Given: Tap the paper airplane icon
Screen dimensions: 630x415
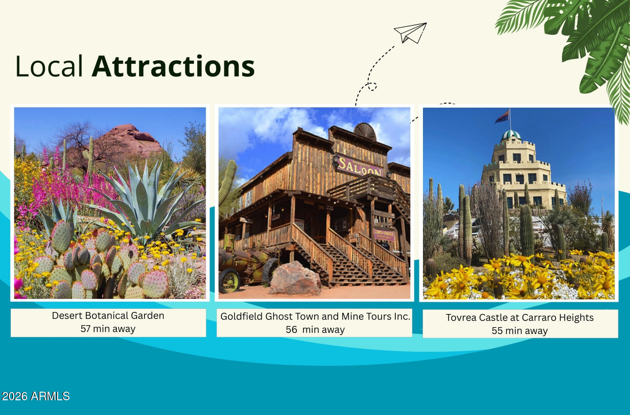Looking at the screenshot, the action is [x=410, y=32].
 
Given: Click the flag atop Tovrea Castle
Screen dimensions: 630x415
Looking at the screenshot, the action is [x=502, y=116].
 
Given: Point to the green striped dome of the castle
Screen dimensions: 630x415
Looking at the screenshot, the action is [x=511, y=135].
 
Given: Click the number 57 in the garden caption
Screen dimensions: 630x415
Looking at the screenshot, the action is [x=85, y=329].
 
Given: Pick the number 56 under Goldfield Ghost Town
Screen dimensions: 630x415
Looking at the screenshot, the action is [x=291, y=330].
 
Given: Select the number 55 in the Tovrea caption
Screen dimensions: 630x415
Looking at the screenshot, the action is [x=497, y=331].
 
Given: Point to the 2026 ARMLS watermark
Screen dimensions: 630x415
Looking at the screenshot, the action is [x=36, y=396].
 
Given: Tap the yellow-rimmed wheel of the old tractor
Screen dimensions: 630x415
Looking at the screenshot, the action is [x=230, y=281].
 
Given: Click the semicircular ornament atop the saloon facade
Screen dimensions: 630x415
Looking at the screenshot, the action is [x=365, y=132].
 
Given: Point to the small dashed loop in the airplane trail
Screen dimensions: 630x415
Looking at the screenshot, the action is [x=372, y=86].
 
